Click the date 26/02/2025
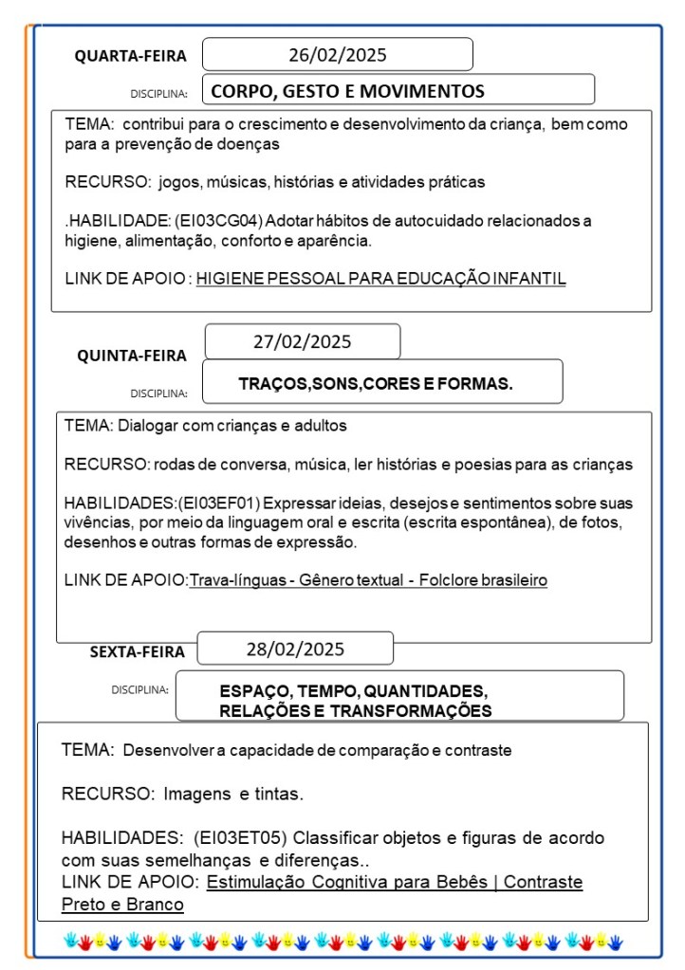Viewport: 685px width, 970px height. pos(338,55)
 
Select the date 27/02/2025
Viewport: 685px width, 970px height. pos(302,342)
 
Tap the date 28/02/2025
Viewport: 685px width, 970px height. pos(295,650)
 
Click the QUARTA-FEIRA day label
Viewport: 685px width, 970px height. pos(131,57)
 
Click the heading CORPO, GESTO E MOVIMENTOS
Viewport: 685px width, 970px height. pos(347,92)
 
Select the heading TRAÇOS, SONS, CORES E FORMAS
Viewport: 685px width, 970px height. pos(376,384)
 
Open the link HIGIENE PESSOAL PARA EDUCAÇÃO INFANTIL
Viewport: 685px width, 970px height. pos(380,279)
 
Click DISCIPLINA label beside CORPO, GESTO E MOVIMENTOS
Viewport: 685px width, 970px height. pos(157,94)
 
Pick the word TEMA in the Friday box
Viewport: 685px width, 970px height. pos(86,750)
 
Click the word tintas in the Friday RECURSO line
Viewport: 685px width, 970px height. pos(281,793)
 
